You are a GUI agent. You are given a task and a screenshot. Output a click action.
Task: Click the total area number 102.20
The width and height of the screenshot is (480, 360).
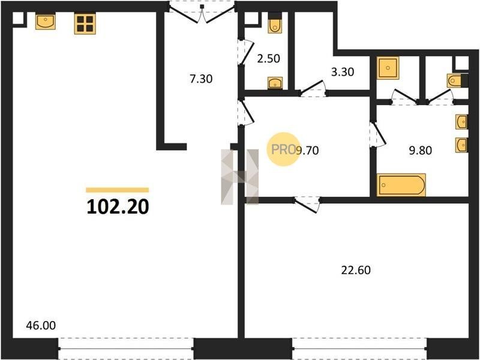click(118, 207)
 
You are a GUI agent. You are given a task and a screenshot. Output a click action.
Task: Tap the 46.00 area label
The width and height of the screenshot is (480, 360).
click(41, 325)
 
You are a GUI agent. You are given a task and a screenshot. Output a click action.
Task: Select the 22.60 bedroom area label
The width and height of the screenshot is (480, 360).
click(356, 271)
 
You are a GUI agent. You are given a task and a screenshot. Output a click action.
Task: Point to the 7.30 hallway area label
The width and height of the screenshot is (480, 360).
click(201, 79)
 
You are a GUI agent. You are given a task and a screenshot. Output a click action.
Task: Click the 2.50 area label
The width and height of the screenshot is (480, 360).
click(268, 58)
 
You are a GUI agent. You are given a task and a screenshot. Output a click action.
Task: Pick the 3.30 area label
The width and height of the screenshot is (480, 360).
click(343, 72)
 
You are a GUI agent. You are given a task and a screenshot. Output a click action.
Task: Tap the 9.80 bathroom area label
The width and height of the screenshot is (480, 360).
click(421, 151)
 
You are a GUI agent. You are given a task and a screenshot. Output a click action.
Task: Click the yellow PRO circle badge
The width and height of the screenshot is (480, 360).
click(283, 149)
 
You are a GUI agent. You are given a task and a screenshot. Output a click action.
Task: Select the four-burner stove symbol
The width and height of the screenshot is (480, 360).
click(85, 23)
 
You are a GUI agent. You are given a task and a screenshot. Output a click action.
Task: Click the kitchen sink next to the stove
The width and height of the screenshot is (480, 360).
click(46, 21)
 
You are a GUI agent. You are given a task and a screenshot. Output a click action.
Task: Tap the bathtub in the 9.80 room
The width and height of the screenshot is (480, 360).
click(401, 185)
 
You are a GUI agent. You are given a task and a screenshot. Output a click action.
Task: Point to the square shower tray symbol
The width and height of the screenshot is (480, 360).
click(388, 68)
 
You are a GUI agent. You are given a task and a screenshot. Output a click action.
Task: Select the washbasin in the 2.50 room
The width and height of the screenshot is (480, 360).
click(275, 83)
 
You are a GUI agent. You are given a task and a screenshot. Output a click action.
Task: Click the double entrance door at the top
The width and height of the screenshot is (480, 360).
click(202, 13)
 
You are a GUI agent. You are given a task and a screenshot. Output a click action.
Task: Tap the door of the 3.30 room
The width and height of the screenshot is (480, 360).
click(313, 88)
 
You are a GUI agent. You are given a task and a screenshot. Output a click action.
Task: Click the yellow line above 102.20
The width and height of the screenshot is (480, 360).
click(118, 190)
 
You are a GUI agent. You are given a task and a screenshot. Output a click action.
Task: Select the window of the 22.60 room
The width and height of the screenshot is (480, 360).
click(359, 349)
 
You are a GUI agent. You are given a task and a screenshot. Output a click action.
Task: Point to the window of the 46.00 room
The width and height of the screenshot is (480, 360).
click(126, 349)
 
